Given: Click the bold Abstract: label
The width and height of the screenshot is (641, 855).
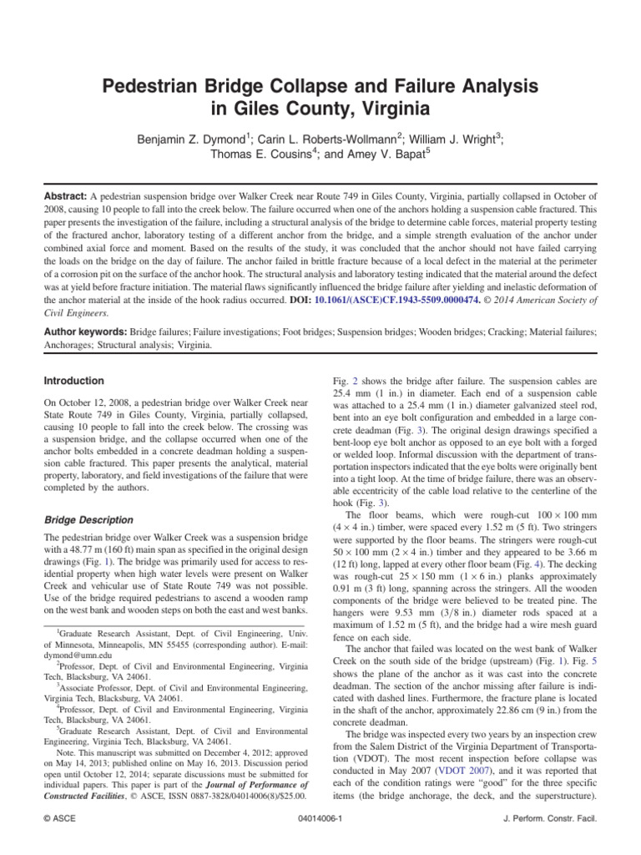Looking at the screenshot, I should coord(65,193).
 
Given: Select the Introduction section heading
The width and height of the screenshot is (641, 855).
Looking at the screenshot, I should coord(73,381).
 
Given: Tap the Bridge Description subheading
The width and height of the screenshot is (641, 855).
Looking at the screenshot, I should coord(88,519).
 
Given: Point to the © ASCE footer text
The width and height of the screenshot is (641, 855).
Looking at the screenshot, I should coord(62,819).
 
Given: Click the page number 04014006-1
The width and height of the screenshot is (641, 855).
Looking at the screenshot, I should coord(320,819).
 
